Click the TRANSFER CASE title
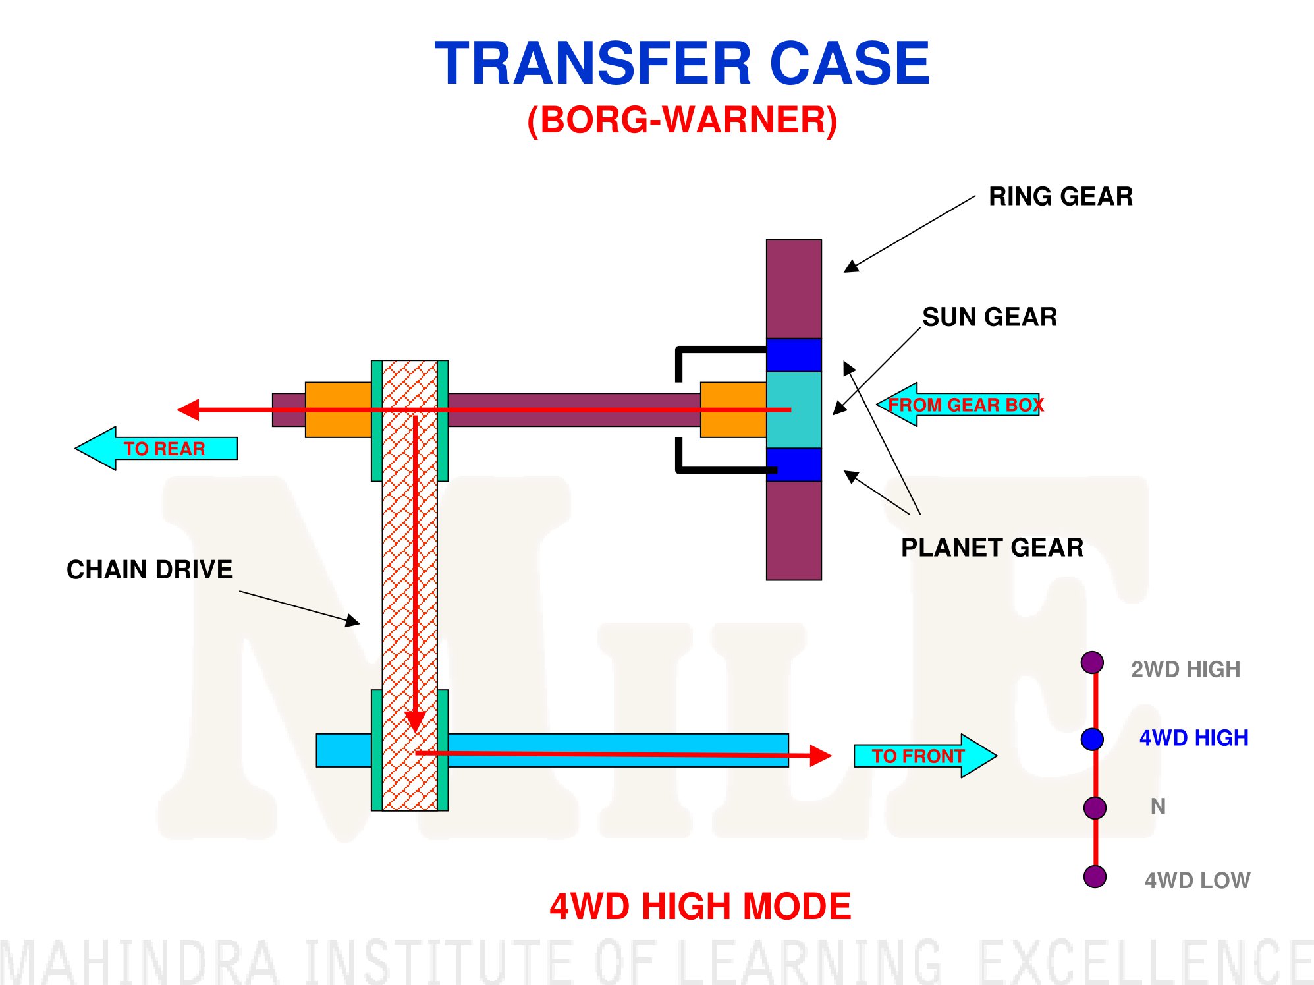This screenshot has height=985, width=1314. pos(682,63)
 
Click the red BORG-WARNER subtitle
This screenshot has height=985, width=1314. pos(682,121)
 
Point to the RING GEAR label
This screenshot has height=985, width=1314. pos(1060,196)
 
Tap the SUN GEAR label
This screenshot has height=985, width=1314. pos(989,317)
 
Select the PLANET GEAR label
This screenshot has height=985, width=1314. pos(992,548)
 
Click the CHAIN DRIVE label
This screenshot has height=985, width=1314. pos(150,569)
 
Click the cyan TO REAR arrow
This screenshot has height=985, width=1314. pos(156,448)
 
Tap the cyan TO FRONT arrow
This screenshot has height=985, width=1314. pos(925,756)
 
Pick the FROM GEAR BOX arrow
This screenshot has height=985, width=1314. pos(958,405)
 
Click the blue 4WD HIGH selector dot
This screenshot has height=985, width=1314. pos(1092,739)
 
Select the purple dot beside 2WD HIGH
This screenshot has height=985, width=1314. pos(1092,663)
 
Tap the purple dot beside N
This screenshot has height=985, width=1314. pos(1095,807)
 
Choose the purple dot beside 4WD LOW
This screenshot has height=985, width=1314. pos(1095,877)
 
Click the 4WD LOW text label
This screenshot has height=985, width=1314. pos(1197,880)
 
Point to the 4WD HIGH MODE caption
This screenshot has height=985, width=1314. pos(700,907)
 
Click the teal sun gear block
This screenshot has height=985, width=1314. pos(794,410)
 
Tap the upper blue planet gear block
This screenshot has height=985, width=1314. pos(794,355)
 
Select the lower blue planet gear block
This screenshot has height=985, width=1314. pos(794,464)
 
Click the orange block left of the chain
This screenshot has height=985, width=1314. pos(339,410)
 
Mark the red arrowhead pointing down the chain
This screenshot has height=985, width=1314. pos(415,721)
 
